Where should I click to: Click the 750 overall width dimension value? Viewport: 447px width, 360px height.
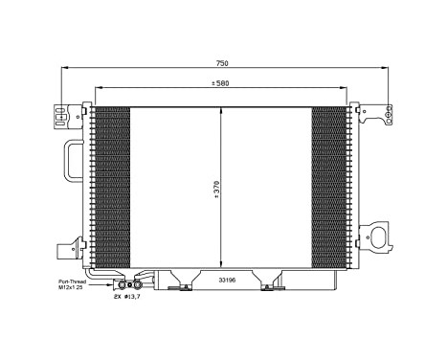point(222,63)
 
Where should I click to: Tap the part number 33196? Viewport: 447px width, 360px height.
point(225,281)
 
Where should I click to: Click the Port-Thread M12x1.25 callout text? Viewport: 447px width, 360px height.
point(71,284)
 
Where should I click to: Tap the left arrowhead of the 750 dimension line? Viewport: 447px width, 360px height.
point(64,71)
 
